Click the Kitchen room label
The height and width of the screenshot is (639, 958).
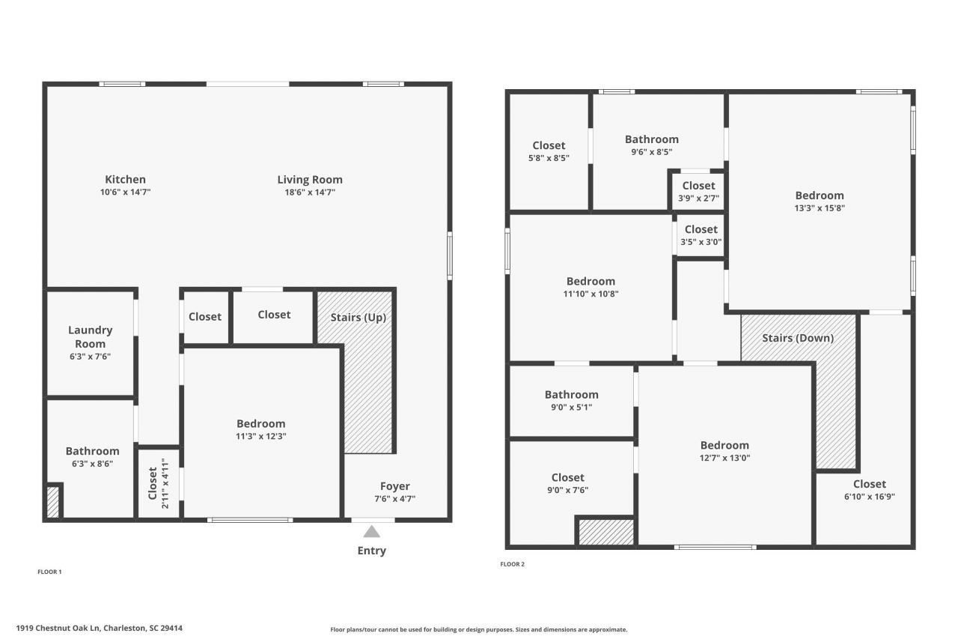coord(125,180)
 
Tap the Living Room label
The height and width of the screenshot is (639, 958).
coord(310,180)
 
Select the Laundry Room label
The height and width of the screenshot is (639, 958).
coord(90,336)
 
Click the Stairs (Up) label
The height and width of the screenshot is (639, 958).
coord(358,317)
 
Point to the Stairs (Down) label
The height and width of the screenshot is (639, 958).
coord(798,338)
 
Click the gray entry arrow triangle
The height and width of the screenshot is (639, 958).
coord(371,532)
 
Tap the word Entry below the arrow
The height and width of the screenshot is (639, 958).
coord(371,551)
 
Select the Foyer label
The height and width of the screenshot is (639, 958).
coord(394,486)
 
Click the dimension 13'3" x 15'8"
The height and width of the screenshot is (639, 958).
coord(820,208)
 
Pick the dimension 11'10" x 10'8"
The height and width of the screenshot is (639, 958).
coord(591,294)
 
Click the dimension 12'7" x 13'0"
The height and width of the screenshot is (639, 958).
coord(724,458)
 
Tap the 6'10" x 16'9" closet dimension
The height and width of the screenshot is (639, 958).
coord(869,497)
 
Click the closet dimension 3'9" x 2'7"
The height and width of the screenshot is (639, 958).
coord(698,199)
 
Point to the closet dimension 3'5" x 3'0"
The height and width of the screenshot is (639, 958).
coord(701,242)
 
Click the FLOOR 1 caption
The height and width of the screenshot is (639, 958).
coord(49,572)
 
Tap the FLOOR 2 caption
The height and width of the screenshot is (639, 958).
coord(512,564)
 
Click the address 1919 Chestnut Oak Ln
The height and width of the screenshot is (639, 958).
coord(99,629)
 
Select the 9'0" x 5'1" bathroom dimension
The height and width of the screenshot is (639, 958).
coord(571,408)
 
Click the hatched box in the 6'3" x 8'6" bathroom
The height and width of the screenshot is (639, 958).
coord(53,502)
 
